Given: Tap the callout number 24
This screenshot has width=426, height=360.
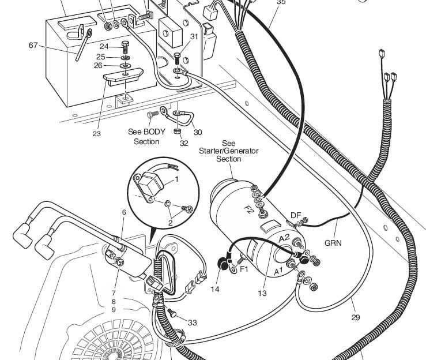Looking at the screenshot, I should [x=104, y=47].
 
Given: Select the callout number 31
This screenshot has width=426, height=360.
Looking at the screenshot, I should [x=194, y=36].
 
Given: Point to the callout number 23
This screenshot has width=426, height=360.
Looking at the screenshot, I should [x=96, y=134].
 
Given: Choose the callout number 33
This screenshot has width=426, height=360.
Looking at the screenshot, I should [x=192, y=322].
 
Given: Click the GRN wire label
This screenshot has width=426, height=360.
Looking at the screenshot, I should [x=332, y=243].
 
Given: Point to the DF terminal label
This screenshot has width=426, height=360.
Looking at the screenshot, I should [x=296, y=215].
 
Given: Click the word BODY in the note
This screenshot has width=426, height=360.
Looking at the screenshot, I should [x=154, y=132].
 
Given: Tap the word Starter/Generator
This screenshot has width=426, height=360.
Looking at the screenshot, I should [x=229, y=151].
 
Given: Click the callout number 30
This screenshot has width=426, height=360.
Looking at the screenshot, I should [x=198, y=132].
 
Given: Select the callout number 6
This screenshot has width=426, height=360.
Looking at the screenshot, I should [x=123, y=212].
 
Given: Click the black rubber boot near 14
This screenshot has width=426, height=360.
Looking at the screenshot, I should [x=221, y=265].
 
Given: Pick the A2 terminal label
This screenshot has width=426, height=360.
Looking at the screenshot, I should [x=284, y=238].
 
